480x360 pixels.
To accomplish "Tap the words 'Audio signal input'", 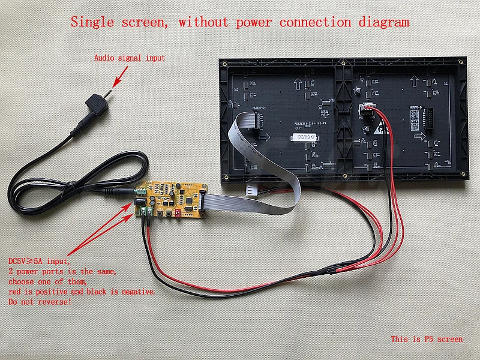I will (129, 58).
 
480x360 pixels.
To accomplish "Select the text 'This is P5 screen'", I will (427, 339).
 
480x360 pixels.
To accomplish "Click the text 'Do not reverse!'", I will (40, 301).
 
